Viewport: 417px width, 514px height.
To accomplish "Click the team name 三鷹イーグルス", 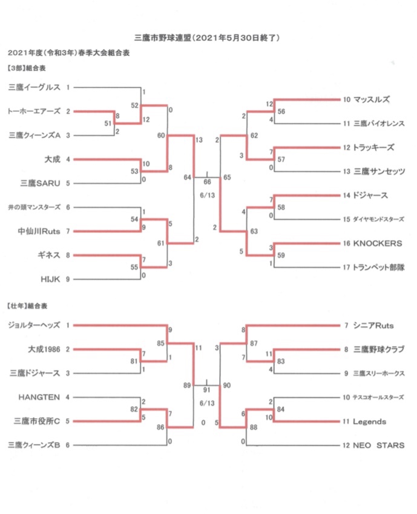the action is [34, 87].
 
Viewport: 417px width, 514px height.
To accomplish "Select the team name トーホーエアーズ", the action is [34, 112].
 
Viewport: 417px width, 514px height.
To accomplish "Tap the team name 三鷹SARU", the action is [41, 183].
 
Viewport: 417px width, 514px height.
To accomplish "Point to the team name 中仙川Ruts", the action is [39, 232].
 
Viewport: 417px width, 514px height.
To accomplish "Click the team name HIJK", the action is [50, 279].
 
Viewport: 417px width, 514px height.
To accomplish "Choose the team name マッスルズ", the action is [371, 99].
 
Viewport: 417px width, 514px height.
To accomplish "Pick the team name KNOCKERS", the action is [378, 244].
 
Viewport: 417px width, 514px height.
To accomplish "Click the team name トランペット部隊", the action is [378, 267].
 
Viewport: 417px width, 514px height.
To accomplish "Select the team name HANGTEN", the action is [39, 397].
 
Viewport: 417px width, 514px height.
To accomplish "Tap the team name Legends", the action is [370, 421].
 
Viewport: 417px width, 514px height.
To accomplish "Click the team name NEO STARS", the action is [379, 446].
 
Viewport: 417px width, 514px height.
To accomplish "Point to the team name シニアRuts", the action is [373, 325].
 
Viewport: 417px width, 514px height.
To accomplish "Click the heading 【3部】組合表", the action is [26, 68].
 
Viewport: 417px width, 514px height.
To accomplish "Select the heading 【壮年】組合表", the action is [27, 306].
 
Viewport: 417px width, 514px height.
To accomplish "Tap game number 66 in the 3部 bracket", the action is [207, 182].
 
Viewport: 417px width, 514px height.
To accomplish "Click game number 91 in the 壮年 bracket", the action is [206, 390].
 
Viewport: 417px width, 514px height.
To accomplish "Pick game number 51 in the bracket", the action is [108, 124].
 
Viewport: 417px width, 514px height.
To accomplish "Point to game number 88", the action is [254, 427].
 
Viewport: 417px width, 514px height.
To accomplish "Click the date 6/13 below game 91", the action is [207, 403].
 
